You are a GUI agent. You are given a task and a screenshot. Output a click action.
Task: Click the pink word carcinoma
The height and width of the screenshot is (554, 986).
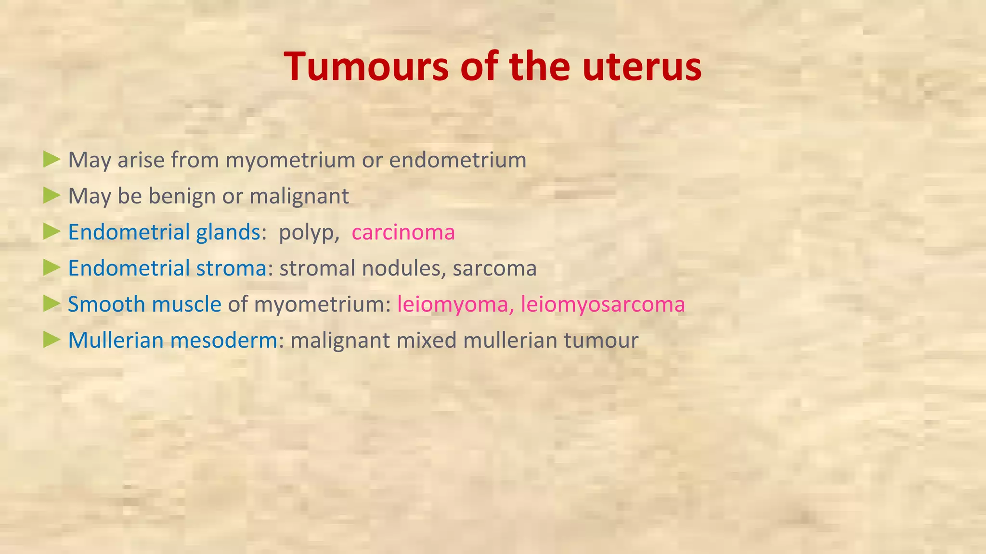[403, 232]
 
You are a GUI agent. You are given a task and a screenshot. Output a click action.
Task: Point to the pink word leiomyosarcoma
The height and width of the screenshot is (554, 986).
[603, 304]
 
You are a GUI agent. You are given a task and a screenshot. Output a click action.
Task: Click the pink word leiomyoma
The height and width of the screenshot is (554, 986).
[452, 304]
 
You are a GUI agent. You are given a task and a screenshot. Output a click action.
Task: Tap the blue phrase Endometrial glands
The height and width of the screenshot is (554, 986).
[164, 232]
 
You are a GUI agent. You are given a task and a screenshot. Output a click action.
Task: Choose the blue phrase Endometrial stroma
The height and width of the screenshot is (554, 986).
[167, 268]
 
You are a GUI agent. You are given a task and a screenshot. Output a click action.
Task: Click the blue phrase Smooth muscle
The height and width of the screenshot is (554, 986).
[144, 304]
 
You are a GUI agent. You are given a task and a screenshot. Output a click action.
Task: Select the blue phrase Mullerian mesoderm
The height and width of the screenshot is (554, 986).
[172, 340]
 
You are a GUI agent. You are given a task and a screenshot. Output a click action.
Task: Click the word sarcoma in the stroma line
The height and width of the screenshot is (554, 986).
[494, 268]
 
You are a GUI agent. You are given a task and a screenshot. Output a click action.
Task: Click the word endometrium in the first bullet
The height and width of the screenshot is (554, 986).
[457, 160]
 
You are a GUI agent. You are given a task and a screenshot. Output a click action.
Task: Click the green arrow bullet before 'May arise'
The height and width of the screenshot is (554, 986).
[52, 159]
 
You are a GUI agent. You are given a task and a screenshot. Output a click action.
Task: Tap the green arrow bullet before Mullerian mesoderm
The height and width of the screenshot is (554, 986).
[52, 340]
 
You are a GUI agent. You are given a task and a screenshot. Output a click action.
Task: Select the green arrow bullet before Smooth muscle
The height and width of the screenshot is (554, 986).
[52, 303]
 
